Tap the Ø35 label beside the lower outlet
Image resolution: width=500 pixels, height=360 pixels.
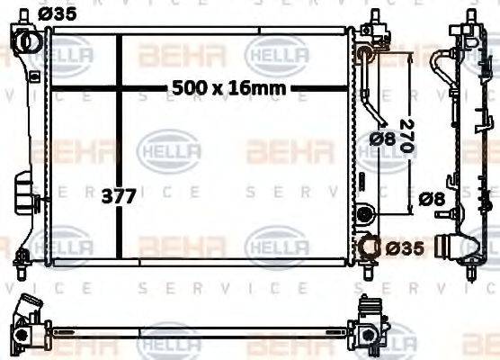coord(405,246)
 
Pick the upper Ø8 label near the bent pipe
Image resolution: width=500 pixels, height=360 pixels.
coord(381,139)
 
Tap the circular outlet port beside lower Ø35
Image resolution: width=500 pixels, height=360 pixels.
coord(371,245)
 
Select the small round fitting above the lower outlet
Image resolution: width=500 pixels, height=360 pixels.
coord(364,214)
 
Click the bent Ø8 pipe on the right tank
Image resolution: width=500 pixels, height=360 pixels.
coord(371,90)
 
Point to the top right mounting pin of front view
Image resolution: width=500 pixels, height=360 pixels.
coord(371,19)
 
